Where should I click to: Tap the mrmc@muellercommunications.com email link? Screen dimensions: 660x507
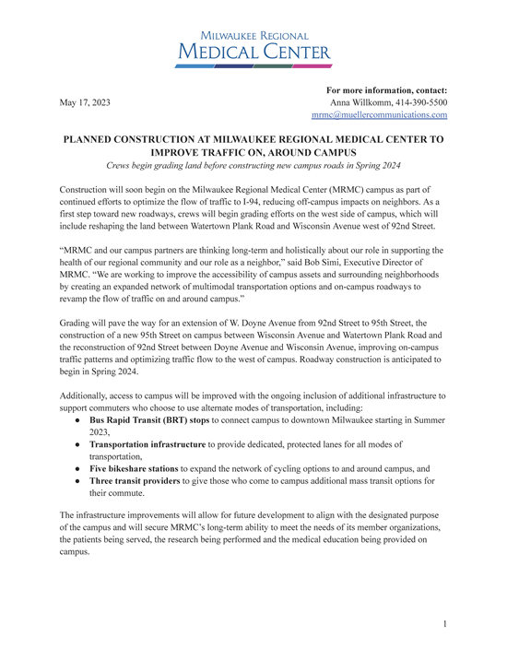tap(379, 116)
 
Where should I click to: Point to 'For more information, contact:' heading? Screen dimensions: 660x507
tap(386, 90)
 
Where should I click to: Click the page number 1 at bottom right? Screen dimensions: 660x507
tap(444, 624)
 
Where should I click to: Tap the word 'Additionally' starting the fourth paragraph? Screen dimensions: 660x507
tap(88, 395)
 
